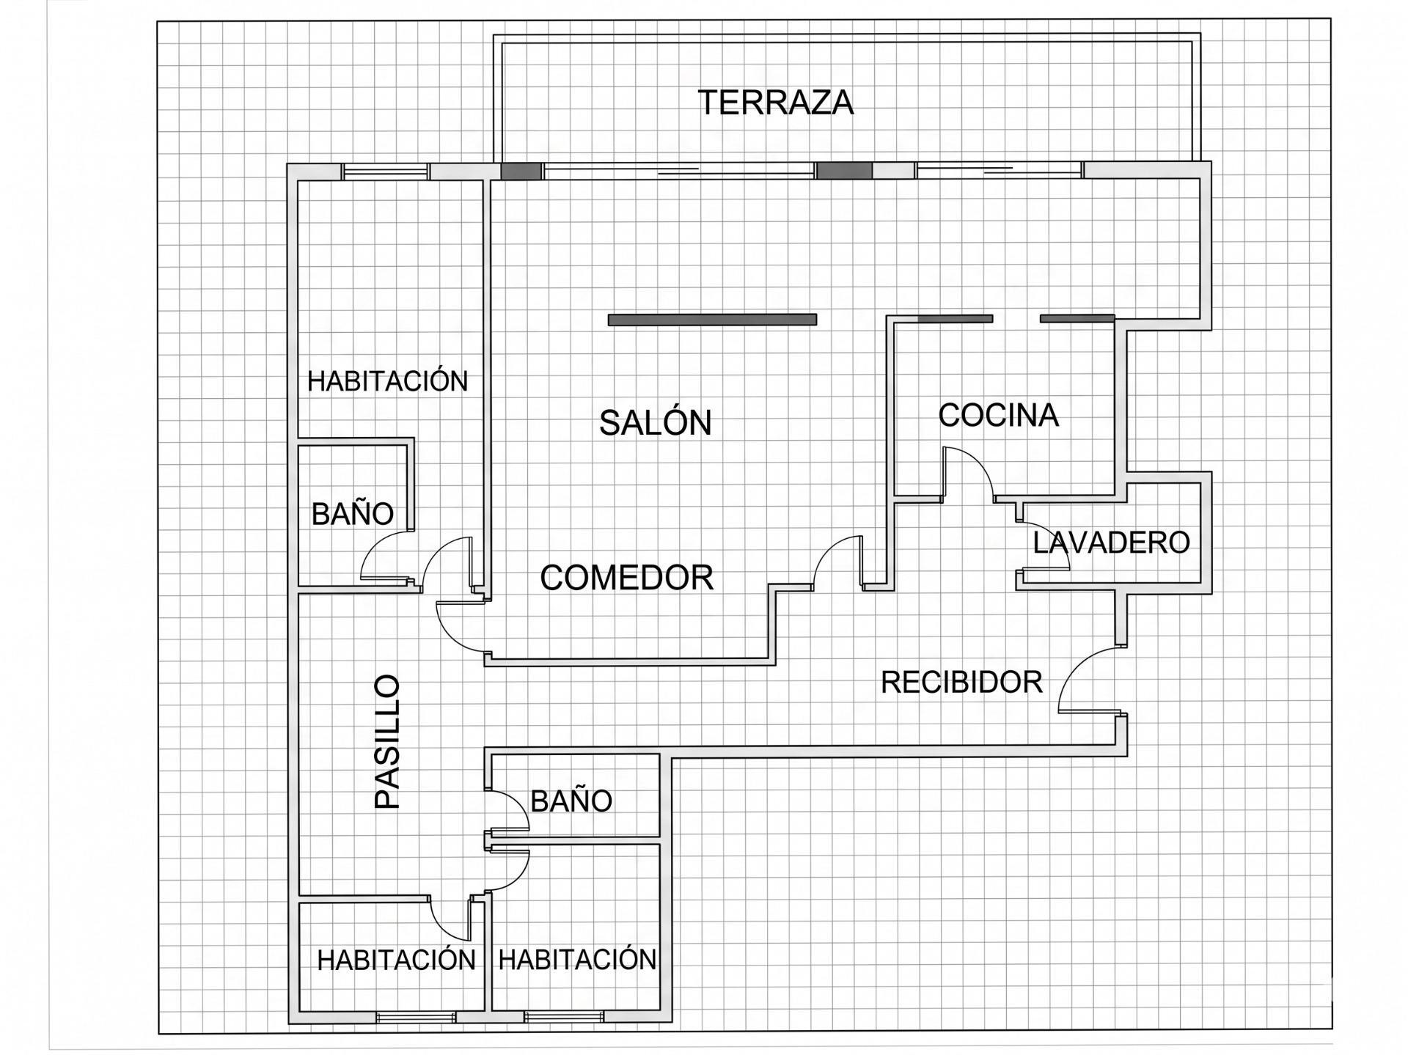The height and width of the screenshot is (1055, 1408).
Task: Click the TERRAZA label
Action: click(776, 103)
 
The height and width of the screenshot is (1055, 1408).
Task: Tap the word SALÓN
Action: click(656, 422)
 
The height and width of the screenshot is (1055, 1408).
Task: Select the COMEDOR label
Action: click(627, 578)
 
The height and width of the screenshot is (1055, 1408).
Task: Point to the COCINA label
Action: click(998, 415)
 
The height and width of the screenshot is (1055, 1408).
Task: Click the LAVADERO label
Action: click(1111, 543)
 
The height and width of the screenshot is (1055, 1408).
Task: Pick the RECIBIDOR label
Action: click(961, 683)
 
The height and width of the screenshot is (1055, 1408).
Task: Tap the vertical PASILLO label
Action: click(387, 741)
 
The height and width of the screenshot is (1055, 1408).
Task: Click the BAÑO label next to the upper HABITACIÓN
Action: click(353, 513)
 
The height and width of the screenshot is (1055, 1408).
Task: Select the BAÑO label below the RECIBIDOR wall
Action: click(571, 801)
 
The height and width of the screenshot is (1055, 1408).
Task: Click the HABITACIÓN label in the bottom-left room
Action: click(396, 959)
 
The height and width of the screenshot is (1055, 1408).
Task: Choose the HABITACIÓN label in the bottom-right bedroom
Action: click(577, 959)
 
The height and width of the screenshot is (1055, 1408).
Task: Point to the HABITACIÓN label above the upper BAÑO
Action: click(387, 381)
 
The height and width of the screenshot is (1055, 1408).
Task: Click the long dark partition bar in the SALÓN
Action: click(712, 320)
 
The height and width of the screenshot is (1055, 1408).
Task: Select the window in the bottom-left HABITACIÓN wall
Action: click(416, 1017)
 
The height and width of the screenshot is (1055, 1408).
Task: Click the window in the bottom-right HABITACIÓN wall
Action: click(564, 1017)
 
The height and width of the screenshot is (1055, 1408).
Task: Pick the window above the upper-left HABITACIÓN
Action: click(386, 171)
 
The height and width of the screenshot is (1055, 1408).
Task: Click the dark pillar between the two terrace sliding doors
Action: click(845, 171)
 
